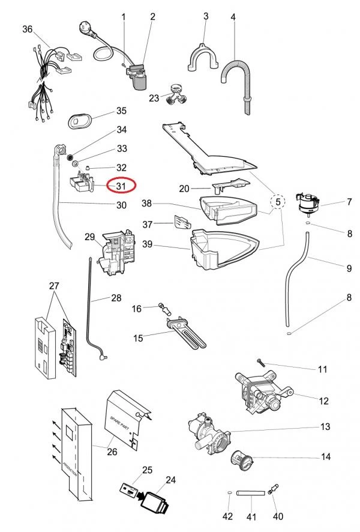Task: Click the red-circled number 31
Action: tap(121, 186)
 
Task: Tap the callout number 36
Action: tap(28, 29)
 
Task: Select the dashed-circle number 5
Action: tap(278, 203)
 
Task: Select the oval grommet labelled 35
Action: tap(80, 119)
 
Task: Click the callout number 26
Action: tap(112, 452)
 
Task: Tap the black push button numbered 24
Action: tap(155, 500)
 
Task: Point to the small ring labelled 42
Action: tap(230, 494)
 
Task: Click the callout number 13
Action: tap(325, 427)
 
